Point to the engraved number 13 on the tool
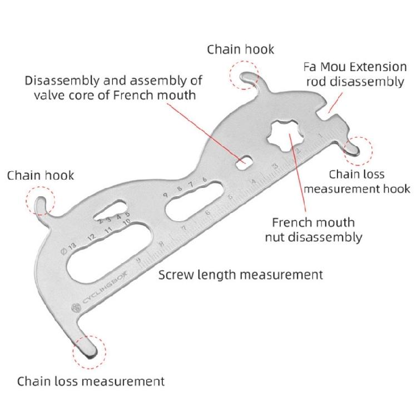(69, 246)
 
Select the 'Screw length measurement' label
(241, 275)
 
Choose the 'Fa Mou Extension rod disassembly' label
(355, 75)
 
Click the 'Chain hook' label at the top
(241, 49)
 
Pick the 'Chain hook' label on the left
(40, 176)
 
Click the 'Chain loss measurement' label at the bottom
(91, 381)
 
